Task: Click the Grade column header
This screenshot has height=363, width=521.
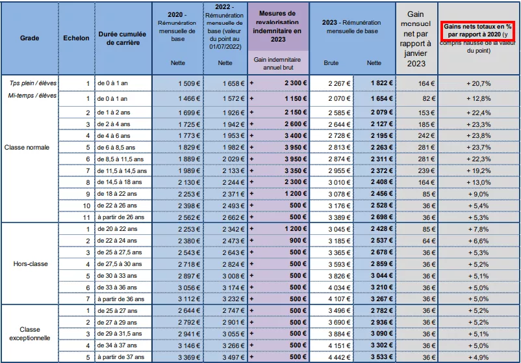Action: coord(30,38)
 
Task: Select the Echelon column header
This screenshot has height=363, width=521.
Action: coord(76,38)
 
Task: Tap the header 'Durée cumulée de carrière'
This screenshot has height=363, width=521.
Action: coord(122,38)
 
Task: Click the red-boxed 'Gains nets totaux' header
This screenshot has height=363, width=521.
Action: coord(479,31)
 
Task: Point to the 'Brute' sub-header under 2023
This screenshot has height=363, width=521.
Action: coord(331,63)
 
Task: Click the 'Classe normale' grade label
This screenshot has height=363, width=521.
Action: coord(27,148)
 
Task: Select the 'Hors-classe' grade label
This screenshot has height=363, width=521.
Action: coord(31,264)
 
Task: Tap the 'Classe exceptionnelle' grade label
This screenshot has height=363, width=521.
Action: coord(30,334)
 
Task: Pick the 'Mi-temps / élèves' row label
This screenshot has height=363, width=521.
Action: coord(32,96)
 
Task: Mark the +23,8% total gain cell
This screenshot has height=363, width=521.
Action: coord(479,136)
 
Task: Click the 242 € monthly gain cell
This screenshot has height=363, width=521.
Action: coord(426,136)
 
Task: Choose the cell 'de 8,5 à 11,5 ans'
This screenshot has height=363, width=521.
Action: coord(120,159)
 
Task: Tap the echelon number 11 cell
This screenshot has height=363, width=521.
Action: coord(86,217)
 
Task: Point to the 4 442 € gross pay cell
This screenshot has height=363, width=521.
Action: coord(339,357)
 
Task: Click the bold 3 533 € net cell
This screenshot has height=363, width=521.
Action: coord(382,357)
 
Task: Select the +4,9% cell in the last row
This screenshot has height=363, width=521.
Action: coord(479,357)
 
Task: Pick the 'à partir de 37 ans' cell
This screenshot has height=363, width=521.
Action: coord(121,357)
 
